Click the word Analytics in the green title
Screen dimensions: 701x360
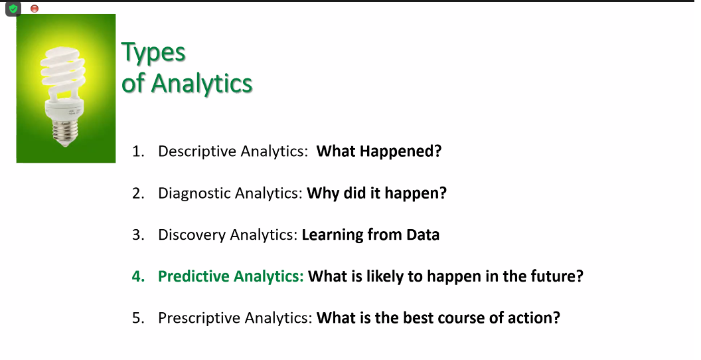(x=202, y=83)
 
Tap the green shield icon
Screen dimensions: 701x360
(x=13, y=9)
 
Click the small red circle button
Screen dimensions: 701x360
(x=35, y=9)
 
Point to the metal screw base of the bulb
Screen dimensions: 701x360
(x=65, y=132)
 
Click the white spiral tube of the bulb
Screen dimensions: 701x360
(x=63, y=72)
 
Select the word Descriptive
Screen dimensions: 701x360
(x=197, y=151)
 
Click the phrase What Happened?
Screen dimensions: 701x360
(x=379, y=151)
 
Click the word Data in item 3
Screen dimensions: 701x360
(x=423, y=234)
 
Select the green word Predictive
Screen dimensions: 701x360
(x=194, y=276)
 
